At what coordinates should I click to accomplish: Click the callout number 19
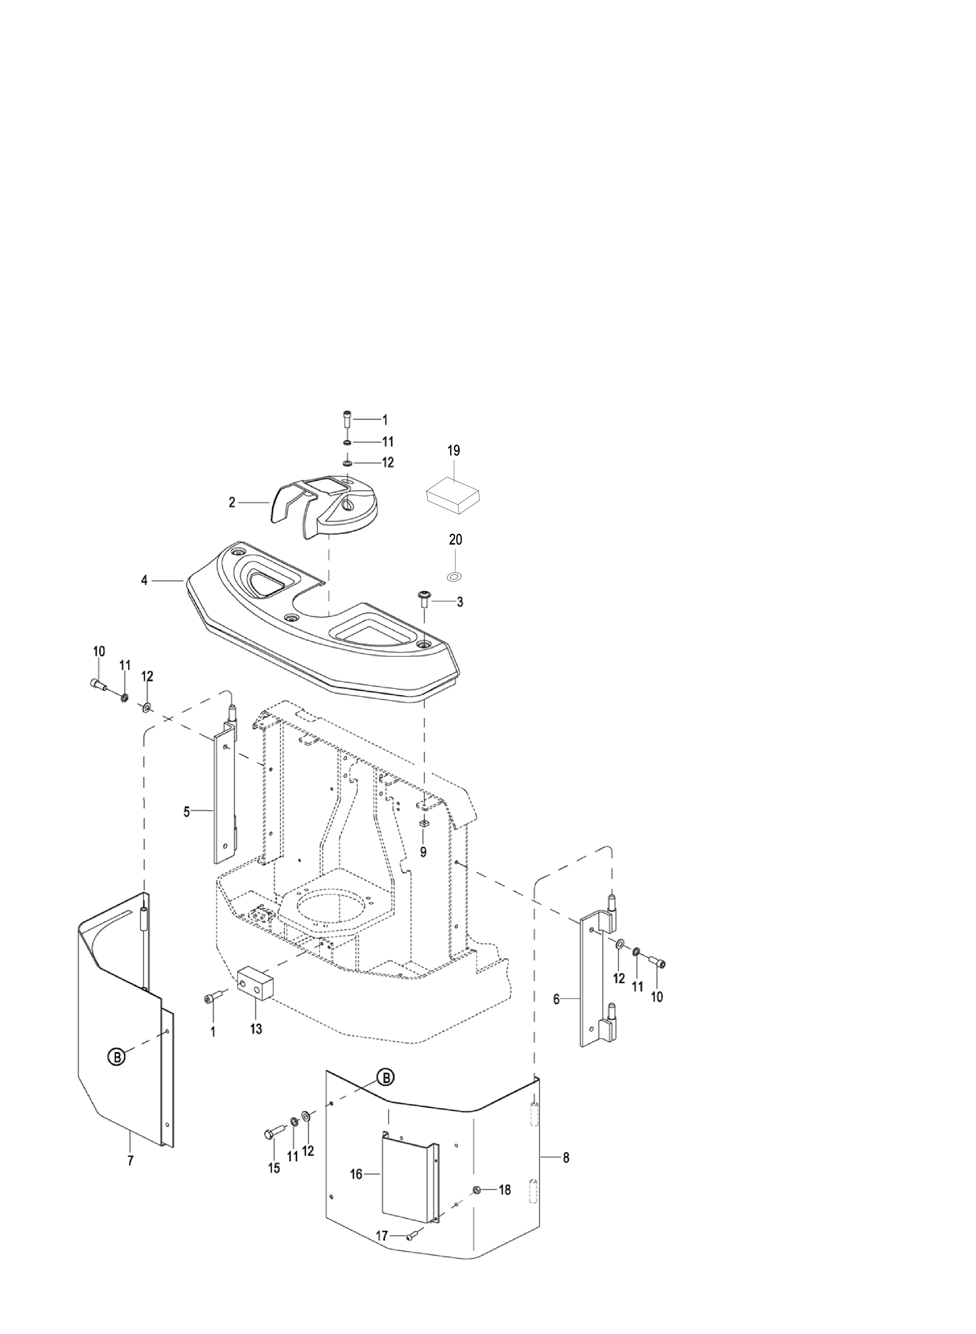coord(453,451)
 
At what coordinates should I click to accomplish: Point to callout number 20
coord(455,539)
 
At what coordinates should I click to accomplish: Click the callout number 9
coord(423,852)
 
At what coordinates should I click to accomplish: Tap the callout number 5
coord(187,812)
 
